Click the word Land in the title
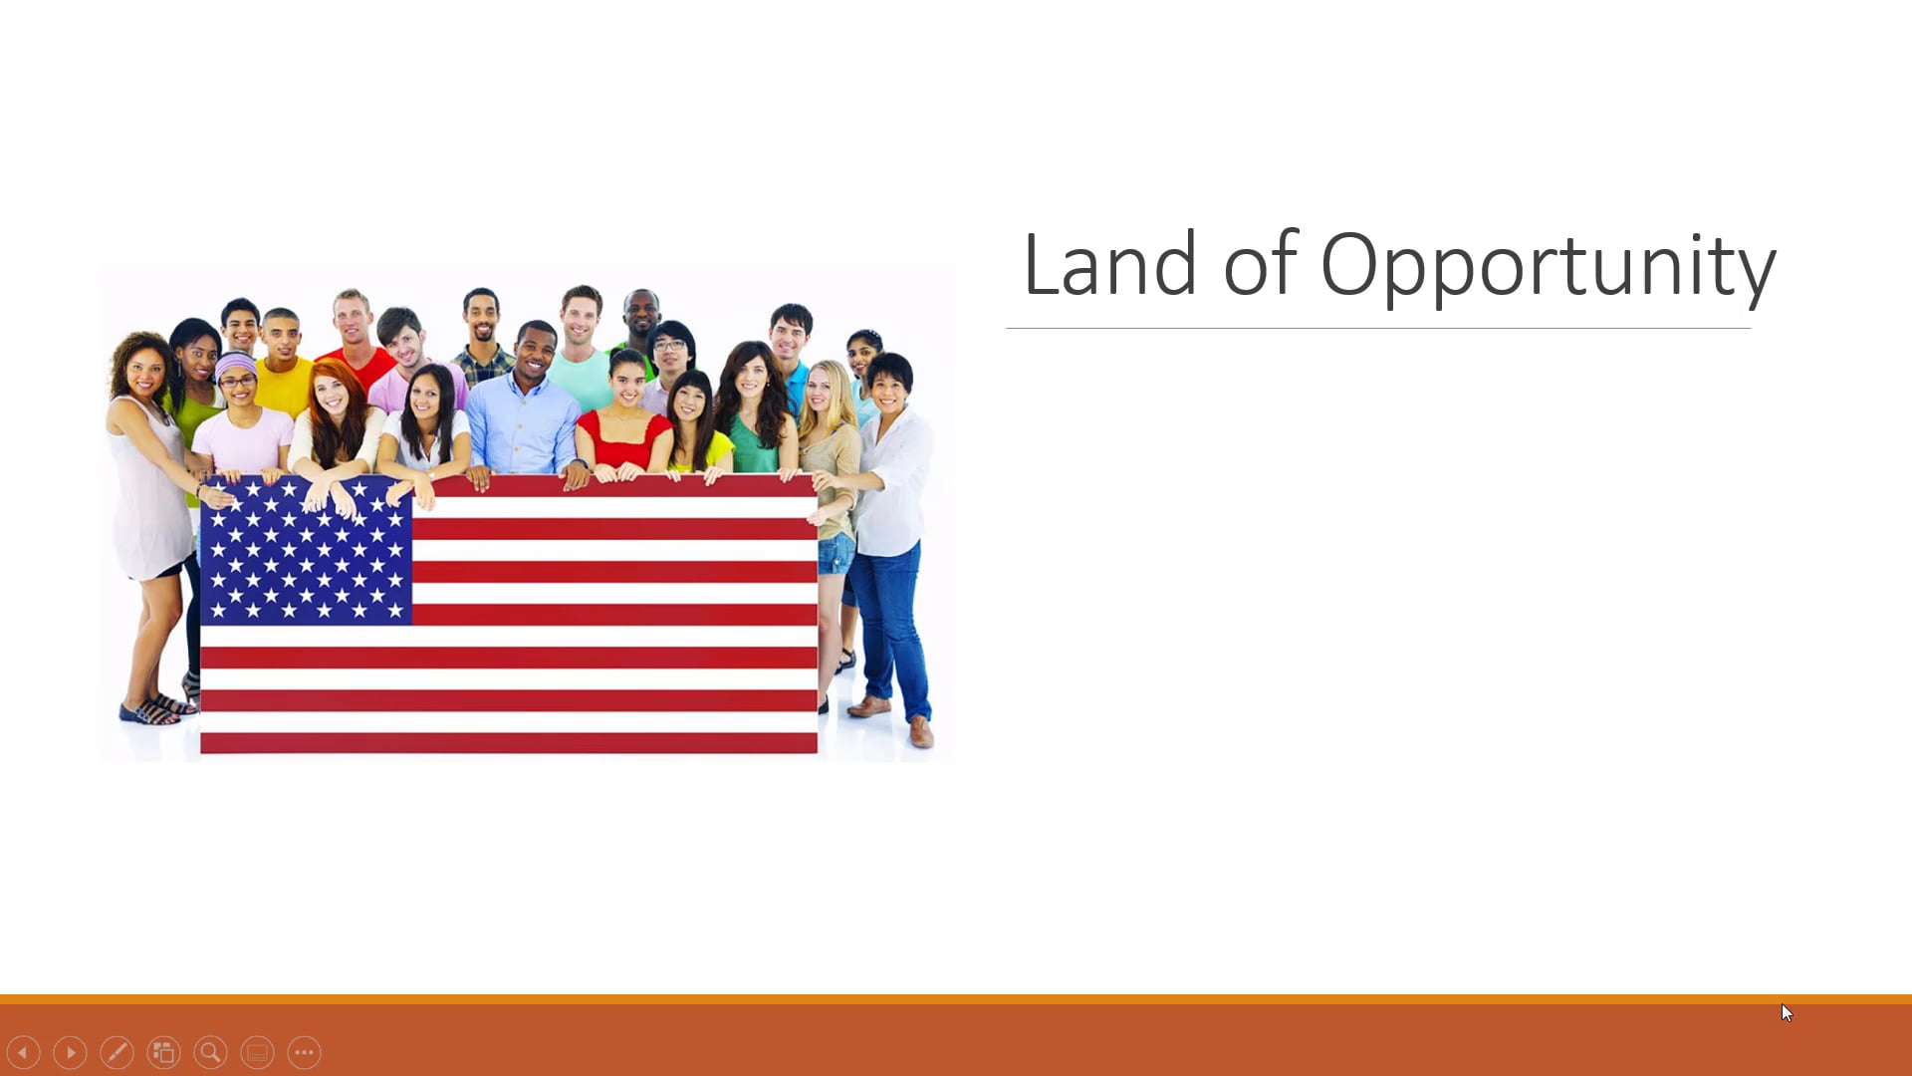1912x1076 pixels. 1109,264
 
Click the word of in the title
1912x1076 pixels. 1261,264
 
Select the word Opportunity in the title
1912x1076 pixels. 1548,264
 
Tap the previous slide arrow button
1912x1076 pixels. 23,1052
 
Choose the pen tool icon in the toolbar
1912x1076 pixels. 117,1052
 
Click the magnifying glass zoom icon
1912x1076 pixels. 210,1052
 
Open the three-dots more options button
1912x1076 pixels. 304,1052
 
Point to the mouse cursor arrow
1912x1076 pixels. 1787,1012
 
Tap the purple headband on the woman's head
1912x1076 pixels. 235,363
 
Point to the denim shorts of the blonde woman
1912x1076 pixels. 836,553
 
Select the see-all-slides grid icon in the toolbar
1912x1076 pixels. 163,1052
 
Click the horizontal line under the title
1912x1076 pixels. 1378,328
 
